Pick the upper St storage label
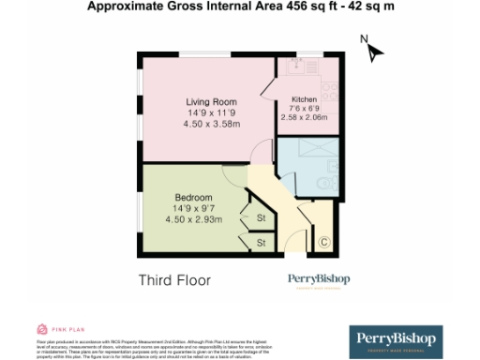[261, 218]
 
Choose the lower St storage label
[261, 242]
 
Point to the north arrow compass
[373, 49]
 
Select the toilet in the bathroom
[322, 183]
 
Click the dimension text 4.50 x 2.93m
[194, 219]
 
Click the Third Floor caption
[174, 279]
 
